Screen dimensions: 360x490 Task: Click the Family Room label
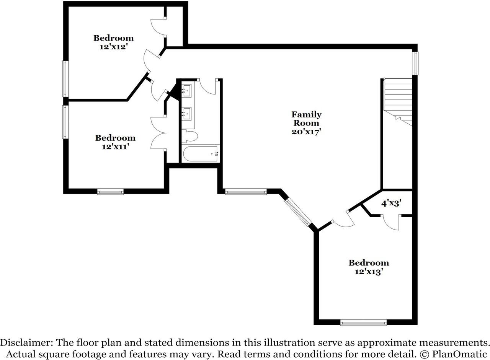click(x=306, y=119)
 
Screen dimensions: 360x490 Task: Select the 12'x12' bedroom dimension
click(x=114, y=47)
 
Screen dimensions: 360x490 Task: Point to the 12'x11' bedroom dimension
click(x=115, y=147)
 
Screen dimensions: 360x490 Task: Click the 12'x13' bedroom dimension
click(x=369, y=272)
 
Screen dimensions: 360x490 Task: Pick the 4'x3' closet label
click(x=391, y=204)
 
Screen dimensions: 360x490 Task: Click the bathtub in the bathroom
click(x=200, y=154)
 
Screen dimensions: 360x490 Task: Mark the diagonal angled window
click(x=298, y=212)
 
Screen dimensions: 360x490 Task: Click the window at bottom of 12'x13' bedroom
click(x=363, y=323)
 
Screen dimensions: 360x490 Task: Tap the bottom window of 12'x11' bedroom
click(x=110, y=192)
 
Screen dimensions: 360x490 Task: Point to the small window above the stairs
click(x=415, y=63)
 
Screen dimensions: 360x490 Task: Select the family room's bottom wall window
click(x=246, y=192)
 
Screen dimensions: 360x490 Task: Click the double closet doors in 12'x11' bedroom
click(x=158, y=133)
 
